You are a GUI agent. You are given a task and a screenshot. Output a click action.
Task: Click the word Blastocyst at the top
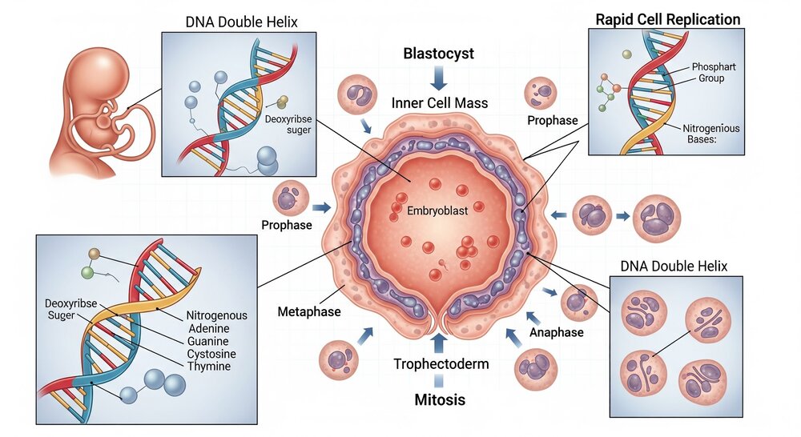click(x=438, y=54)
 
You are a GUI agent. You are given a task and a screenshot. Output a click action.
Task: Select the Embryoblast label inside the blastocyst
click(x=436, y=213)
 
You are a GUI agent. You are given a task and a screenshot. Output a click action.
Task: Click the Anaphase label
click(x=556, y=332)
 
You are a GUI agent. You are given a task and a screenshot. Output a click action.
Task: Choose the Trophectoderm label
click(x=441, y=365)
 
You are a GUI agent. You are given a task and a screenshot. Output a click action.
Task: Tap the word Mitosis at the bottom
click(x=440, y=398)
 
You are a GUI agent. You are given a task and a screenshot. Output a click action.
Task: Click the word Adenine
click(x=207, y=328)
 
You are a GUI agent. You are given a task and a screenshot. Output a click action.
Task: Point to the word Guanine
click(x=207, y=341)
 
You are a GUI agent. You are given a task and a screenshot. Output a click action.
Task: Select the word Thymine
click(x=207, y=367)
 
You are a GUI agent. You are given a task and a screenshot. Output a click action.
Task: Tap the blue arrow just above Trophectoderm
click(x=438, y=343)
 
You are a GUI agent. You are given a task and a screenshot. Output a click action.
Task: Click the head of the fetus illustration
click(x=81, y=65)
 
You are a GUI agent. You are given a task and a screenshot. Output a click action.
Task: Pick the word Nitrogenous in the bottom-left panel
click(x=218, y=315)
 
